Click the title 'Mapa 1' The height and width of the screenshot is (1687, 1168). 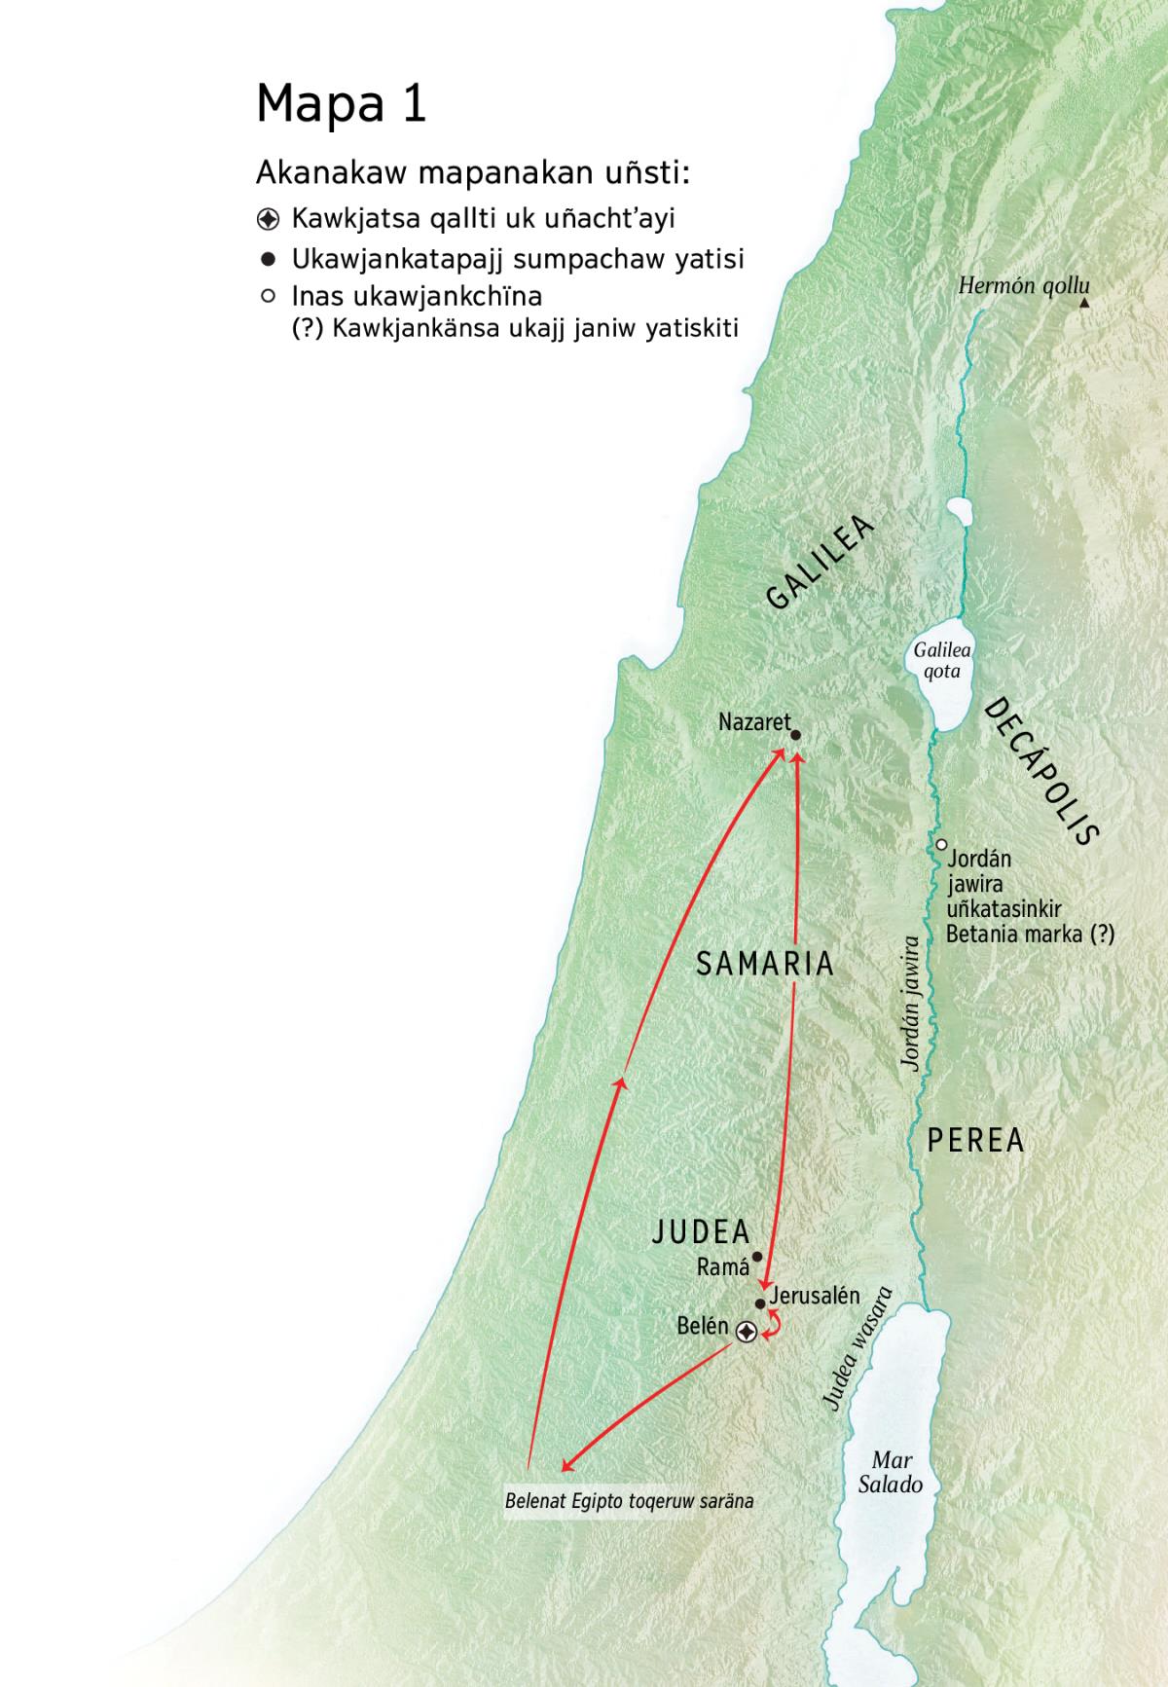coord(341,103)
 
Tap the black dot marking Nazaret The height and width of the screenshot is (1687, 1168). coord(795,736)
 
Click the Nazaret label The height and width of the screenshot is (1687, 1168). coord(753,722)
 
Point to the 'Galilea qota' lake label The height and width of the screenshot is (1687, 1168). coord(941,661)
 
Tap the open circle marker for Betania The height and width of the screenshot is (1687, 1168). coord(941,845)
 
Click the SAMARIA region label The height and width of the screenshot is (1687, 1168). coord(765,964)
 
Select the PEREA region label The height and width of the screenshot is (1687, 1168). coord(975,1140)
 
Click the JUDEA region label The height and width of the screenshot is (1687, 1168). coord(701,1232)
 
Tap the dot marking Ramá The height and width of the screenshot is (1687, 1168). coord(757,1257)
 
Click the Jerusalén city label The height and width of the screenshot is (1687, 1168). coord(815,1296)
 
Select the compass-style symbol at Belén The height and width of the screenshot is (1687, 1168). coord(746,1332)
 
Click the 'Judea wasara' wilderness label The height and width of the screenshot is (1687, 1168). coord(857,1348)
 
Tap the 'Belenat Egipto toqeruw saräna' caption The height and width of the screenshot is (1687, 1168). coord(629,1501)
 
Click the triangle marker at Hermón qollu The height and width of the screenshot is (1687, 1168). coord(1084,304)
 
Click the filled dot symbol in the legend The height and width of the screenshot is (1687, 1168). coord(268,259)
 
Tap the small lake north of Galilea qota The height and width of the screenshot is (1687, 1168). coord(960,512)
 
